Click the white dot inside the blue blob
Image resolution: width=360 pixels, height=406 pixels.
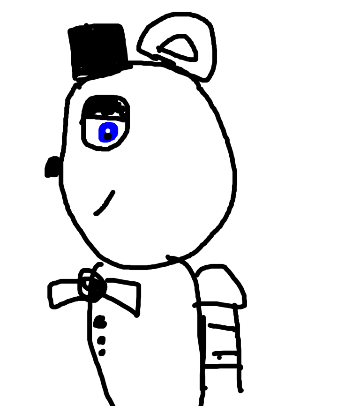108,131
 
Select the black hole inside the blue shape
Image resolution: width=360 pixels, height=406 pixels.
108,137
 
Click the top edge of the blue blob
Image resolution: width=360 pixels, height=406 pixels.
109,122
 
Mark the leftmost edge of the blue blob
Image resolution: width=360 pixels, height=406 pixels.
98,133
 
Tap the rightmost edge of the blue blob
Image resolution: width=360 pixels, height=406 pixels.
119,131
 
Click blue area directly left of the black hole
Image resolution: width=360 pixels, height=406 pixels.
101,137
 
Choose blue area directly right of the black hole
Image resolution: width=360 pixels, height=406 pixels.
114,136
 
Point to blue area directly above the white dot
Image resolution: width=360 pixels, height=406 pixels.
108,126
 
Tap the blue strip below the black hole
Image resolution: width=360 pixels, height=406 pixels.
107,142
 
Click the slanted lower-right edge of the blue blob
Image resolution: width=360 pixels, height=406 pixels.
115,139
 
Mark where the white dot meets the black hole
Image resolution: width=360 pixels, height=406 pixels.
108,133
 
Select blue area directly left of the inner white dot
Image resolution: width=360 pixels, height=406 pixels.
102,131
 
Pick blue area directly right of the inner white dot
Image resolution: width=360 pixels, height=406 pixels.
114,131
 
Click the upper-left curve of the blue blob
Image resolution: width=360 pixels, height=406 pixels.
101,125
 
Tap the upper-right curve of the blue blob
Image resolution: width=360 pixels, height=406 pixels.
116,125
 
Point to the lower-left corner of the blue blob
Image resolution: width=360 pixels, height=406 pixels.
100,141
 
